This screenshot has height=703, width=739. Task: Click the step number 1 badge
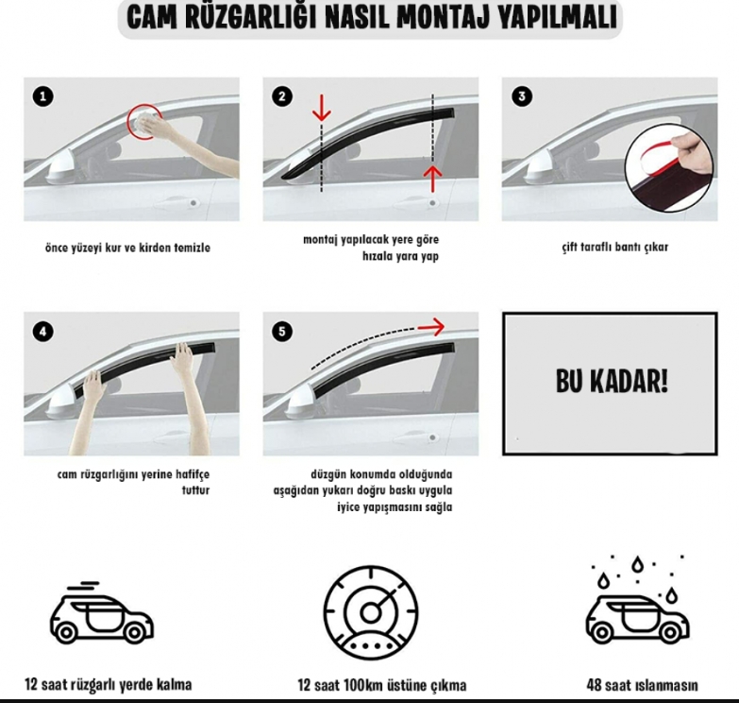pos(42,96)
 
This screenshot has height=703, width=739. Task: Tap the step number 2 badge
pos(282,96)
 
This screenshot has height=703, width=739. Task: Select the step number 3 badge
pos(522,96)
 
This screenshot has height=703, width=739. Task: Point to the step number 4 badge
pos(42,332)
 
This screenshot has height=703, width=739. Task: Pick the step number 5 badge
pos(282,332)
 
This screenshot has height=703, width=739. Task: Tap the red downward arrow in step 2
pos(322,109)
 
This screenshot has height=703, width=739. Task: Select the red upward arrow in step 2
pos(432,179)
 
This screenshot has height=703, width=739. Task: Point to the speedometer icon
pos(371,613)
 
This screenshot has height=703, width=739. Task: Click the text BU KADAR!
pos(612,381)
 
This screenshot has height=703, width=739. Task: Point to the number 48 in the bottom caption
pos(595,685)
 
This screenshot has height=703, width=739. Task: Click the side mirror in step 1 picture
pos(61,167)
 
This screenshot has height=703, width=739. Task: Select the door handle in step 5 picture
pos(431,437)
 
